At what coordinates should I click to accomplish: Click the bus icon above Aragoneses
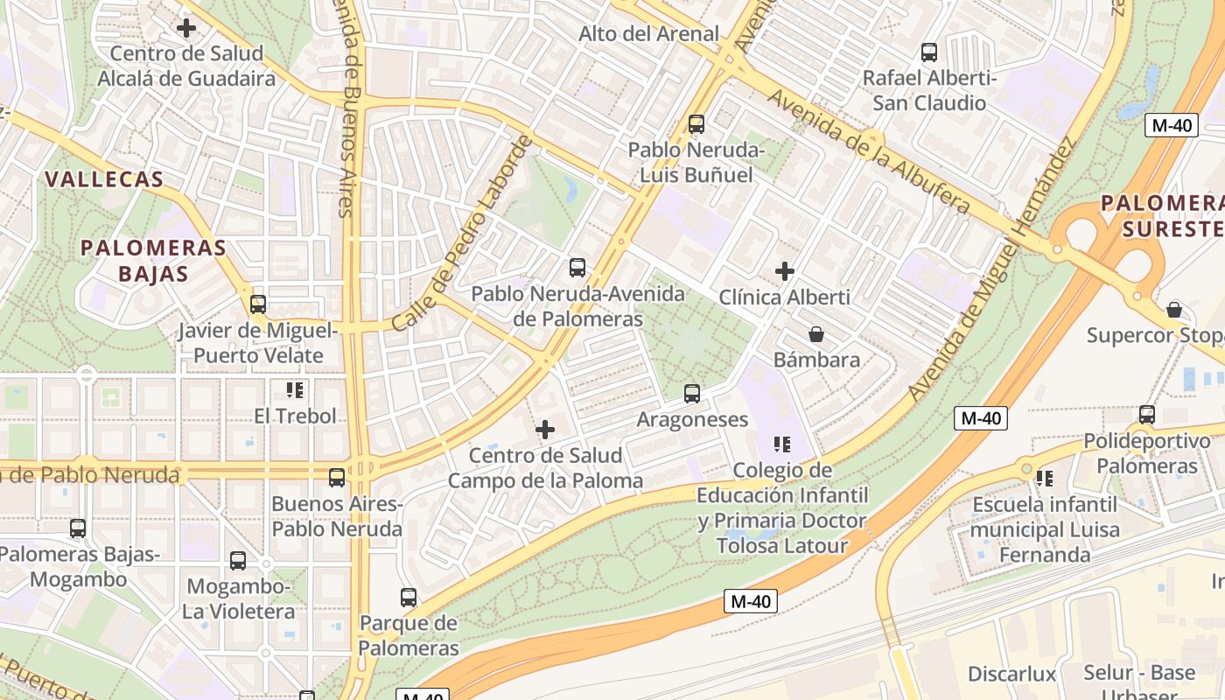(692, 394)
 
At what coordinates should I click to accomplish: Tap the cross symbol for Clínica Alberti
(785, 271)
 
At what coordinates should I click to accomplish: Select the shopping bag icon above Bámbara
(816, 334)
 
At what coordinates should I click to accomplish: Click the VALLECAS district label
(104, 179)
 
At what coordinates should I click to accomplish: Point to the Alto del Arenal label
(649, 34)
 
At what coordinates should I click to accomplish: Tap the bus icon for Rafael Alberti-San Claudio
(929, 52)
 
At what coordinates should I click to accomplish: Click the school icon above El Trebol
(294, 390)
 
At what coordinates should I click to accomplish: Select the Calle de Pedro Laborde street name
(461, 234)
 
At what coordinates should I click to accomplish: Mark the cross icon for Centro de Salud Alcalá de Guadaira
(186, 28)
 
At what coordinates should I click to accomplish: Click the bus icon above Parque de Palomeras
(409, 598)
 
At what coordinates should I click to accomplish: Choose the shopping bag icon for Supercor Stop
(1174, 310)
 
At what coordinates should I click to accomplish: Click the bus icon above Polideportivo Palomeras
(1147, 415)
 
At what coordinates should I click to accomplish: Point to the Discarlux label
(1012, 674)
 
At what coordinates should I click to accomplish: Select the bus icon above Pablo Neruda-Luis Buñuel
(696, 124)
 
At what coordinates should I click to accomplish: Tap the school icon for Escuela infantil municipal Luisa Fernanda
(1044, 479)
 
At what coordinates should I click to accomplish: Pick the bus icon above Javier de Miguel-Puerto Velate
(258, 304)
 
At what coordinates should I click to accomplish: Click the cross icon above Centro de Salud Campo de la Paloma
(545, 430)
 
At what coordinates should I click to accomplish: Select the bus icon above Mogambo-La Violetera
(238, 561)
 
